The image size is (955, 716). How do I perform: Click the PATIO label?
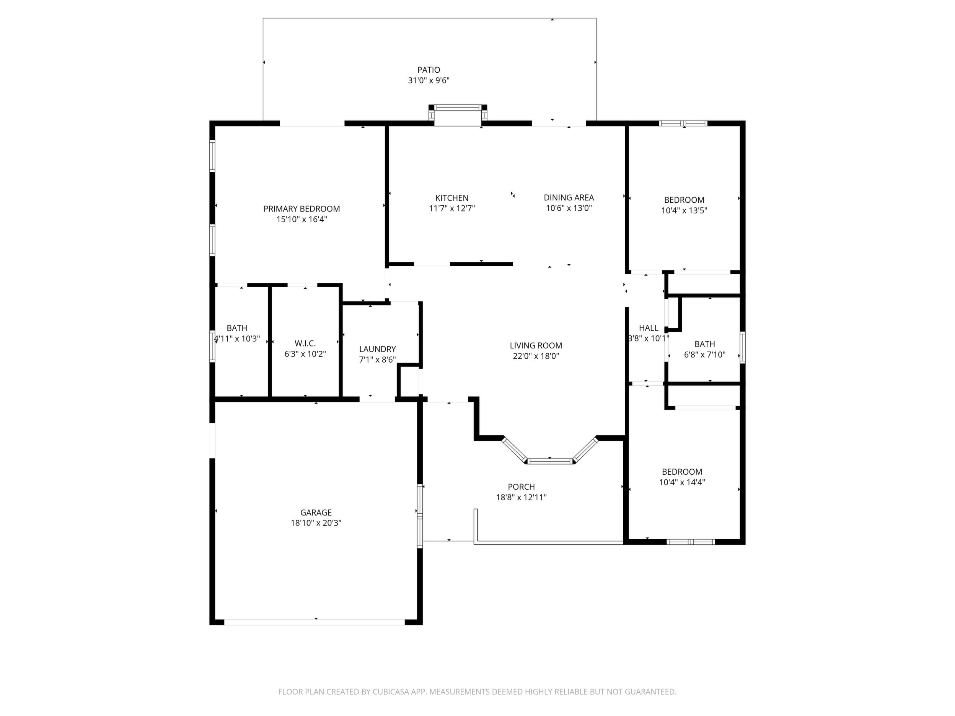[428, 70]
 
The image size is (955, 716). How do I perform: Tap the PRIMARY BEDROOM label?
[302, 209]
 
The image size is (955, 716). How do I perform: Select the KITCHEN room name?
[451, 198]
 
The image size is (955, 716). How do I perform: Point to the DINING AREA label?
[569, 198]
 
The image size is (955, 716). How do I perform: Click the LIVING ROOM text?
[536, 346]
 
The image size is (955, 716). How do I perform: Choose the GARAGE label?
[316, 513]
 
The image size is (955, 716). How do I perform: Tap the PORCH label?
[521, 487]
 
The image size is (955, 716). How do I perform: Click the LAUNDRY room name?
[377, 349]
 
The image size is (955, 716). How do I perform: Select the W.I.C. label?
[305, 343]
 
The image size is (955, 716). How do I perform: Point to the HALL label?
[649, 328]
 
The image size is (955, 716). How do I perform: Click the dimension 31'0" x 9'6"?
[429, 80]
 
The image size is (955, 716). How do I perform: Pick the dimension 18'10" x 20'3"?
[316, 523]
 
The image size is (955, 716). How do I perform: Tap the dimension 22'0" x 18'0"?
[535, 356]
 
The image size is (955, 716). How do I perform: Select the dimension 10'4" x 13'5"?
[684, 211]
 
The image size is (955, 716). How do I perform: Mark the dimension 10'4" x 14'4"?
[682, 483]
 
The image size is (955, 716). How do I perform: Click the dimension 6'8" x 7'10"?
[705, 355]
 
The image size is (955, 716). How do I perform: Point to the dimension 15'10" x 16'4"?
[302, 219]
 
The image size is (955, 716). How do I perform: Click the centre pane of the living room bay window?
[550, 461]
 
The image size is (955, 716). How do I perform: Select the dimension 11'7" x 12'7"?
[451, 208]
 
